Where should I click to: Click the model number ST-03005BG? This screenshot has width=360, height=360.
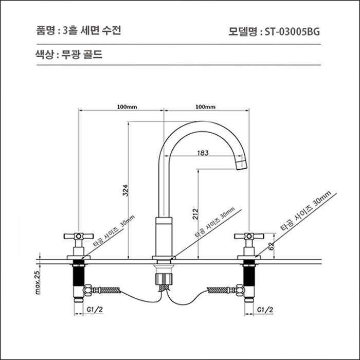coord(292,30)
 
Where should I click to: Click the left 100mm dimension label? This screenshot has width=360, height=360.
coord(127,106)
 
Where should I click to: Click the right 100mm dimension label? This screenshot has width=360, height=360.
coord(206,106)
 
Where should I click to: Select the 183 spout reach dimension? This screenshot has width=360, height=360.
coord(203,153)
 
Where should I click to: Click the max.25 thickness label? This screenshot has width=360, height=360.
coord(38,282)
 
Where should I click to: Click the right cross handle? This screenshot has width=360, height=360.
coord(249,237)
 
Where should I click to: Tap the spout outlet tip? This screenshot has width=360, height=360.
coord(241,164)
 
